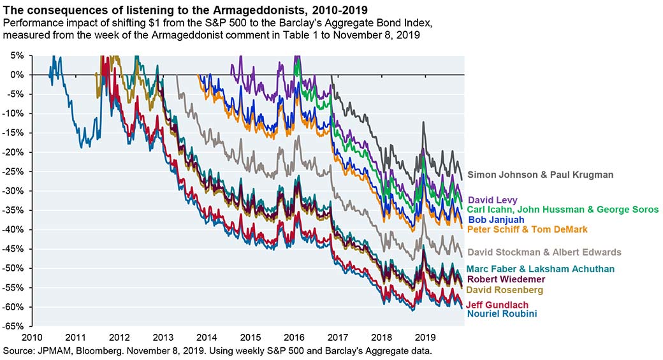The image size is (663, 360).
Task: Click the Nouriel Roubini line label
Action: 502,313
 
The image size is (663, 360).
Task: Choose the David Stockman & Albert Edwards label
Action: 544,252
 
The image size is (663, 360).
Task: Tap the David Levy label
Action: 493,200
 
